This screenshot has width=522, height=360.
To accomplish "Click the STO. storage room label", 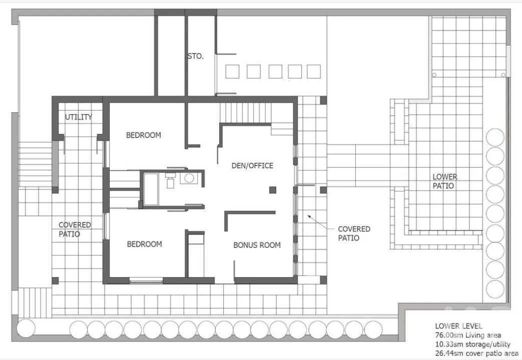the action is (x=195, y=56).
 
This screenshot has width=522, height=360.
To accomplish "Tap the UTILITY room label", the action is (x=78, y=117).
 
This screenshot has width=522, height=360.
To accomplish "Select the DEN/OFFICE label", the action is (x=252, y=165).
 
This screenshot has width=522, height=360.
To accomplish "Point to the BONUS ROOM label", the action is (x=257, y=245).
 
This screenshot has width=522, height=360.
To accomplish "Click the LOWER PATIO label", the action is (x=445, y=181).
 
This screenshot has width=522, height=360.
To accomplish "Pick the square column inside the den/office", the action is (x=273, y=189).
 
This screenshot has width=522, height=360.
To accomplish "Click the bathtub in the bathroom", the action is (x=151, y=189).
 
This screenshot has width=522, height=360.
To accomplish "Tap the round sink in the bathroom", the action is (x=189, y=178).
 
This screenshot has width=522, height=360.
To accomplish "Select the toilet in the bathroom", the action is (x=170, y=180).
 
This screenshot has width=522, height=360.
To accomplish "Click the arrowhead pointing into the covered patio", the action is (x=309, y=216).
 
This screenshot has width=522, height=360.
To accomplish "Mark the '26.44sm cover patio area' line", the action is (x=476, y=353).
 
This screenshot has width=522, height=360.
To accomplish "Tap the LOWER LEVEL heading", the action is (x=458, y=326).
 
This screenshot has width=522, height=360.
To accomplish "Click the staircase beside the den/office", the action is (x=245, y=113).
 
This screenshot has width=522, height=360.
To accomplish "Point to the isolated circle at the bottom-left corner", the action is (x=26, y=328).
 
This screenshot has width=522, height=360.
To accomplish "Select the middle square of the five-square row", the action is (x=275, y=71).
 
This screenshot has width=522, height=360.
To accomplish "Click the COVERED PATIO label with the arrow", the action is (x=354, y=233).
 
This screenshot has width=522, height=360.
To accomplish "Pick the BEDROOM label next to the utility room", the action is (x=144, y=135).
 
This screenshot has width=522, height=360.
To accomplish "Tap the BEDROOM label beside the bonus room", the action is (x=145, y=244).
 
